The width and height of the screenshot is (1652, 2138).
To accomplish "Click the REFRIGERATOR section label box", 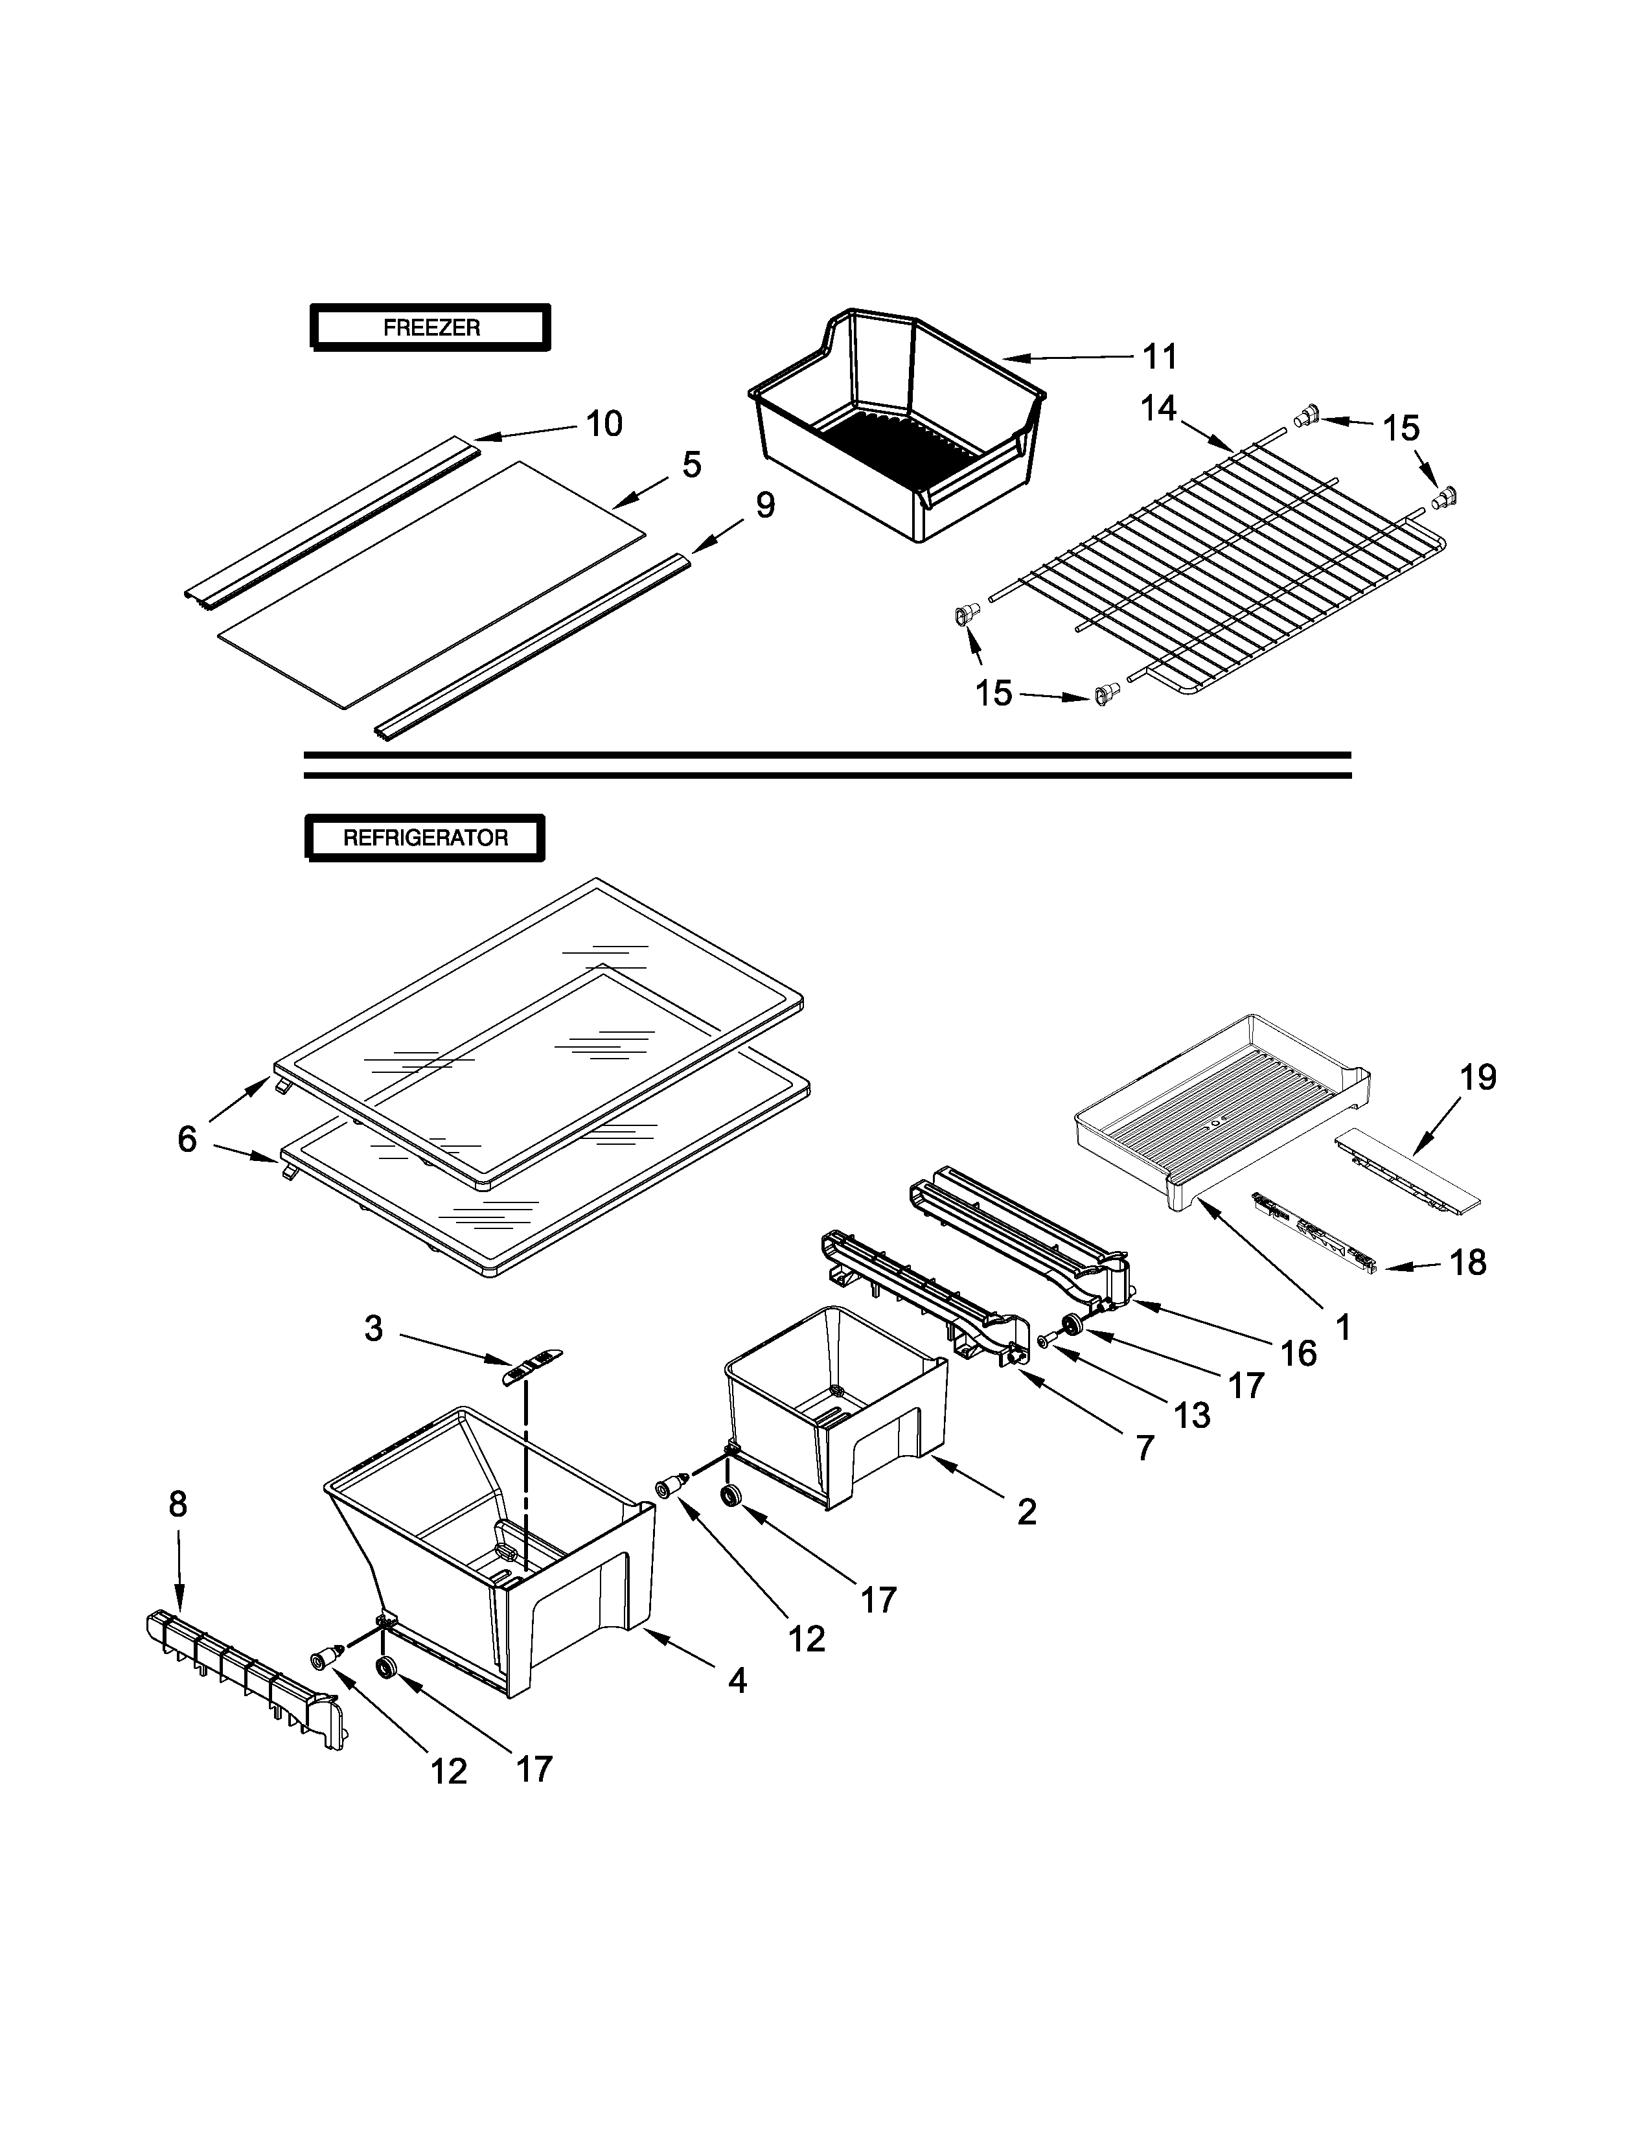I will pos(425,838).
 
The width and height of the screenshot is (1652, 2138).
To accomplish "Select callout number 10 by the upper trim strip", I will pos(604,424).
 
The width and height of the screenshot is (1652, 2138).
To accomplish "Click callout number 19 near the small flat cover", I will pos(1478,1078).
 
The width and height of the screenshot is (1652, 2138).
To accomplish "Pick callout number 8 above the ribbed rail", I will pos(177,1504).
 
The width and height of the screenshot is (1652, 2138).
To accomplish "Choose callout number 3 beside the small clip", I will pos(373,1328).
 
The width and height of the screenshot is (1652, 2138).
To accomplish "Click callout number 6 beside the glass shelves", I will pos(187,1138).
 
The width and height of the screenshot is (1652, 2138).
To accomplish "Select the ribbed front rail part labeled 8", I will pos(245,1680).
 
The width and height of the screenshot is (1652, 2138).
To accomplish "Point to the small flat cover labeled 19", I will pos(1406,1170).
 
